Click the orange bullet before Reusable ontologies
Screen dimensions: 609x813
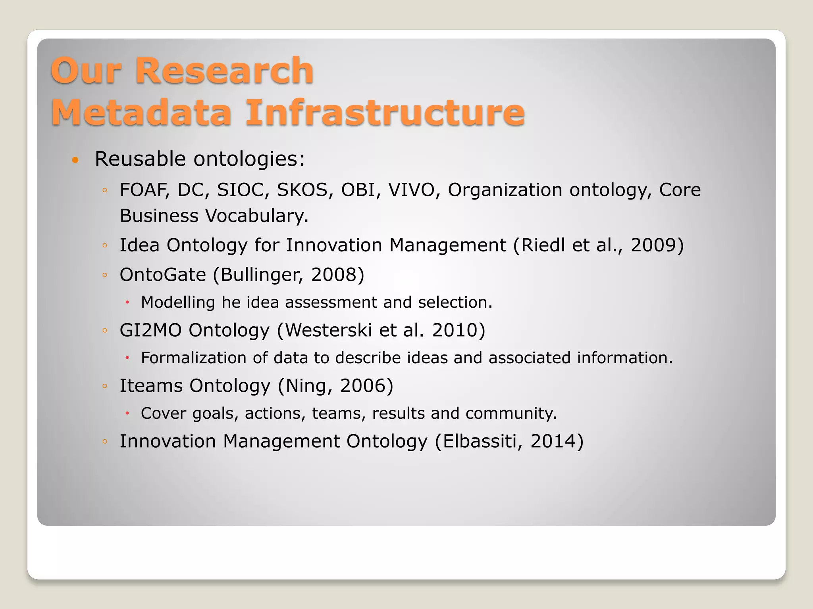click(75, 160)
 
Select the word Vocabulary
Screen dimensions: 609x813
click(256, 216)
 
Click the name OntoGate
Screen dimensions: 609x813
click(163, 275)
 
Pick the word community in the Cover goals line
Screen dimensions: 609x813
click(511, 414)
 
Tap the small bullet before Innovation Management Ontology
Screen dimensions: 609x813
click(105, 441)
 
